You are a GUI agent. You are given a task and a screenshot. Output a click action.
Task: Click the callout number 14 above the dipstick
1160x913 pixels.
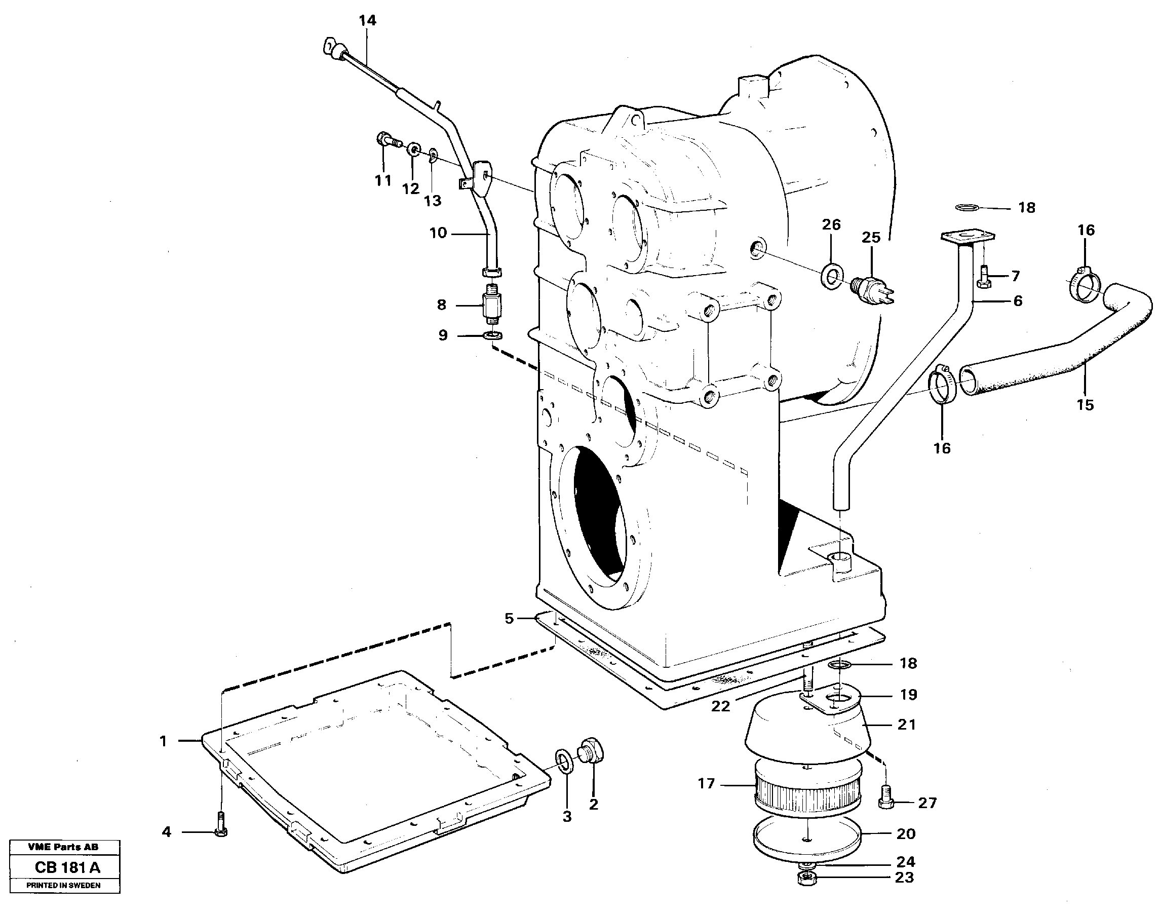(x=368, y=20)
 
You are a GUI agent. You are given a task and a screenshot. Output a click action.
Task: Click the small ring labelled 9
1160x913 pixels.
(x=493, y=336)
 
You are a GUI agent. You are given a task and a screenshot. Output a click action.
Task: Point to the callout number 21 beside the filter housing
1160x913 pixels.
(x=906, y=725)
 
